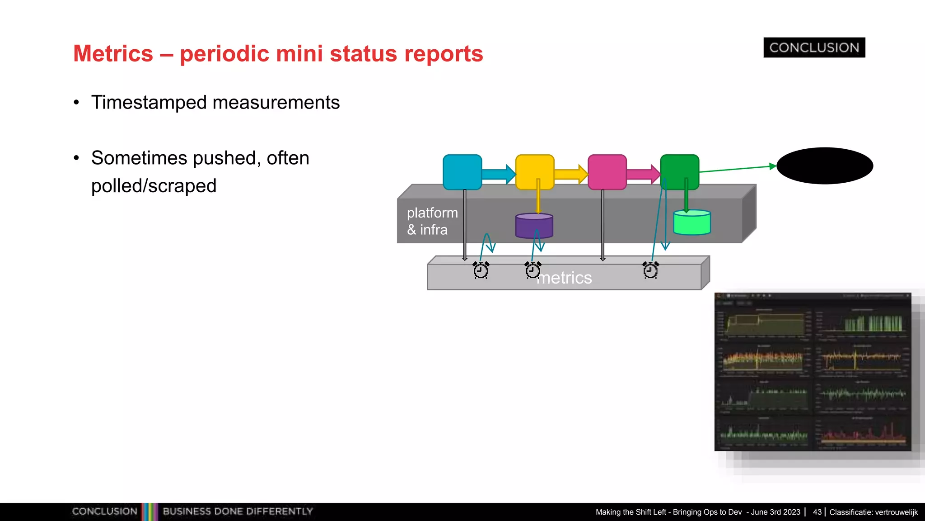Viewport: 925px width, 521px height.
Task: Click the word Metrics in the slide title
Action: [x=113, y=54]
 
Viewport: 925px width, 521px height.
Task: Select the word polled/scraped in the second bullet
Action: [x=154, y=186]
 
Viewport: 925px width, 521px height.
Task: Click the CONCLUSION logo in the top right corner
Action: [x=814, y=47]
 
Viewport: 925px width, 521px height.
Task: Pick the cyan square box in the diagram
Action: [x=462, y=172]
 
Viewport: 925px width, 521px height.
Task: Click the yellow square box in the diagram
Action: [x=535, y=172]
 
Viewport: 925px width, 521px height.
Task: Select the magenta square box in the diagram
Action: [x=607, y=172]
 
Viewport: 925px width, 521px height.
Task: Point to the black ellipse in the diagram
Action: [x=824, y=166]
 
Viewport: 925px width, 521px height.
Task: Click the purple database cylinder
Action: [x=534, y=227]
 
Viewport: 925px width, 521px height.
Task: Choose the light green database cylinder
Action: [x=692, y=223]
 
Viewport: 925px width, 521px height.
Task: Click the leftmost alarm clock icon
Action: [x=481, y=270]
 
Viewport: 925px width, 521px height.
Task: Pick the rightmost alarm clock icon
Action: [x=650, y=270]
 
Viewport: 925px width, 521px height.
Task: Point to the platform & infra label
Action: [x=432, y=221]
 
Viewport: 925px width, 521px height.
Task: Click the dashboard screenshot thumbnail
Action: [x=813, y=372]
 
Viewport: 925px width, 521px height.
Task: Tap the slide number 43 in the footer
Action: [x=817, y=512]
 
